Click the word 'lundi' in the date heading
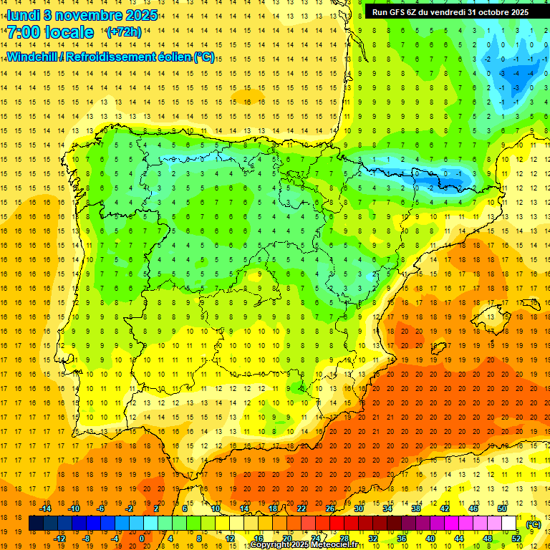23,14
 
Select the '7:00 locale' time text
50,32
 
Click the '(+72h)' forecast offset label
124,32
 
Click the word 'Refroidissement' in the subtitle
119,57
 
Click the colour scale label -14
46,508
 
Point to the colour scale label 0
142,539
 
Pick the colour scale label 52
516,539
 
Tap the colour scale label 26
329,508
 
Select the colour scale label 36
401,539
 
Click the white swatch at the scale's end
509,524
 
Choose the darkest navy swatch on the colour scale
36,524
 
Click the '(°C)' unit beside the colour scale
533,524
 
